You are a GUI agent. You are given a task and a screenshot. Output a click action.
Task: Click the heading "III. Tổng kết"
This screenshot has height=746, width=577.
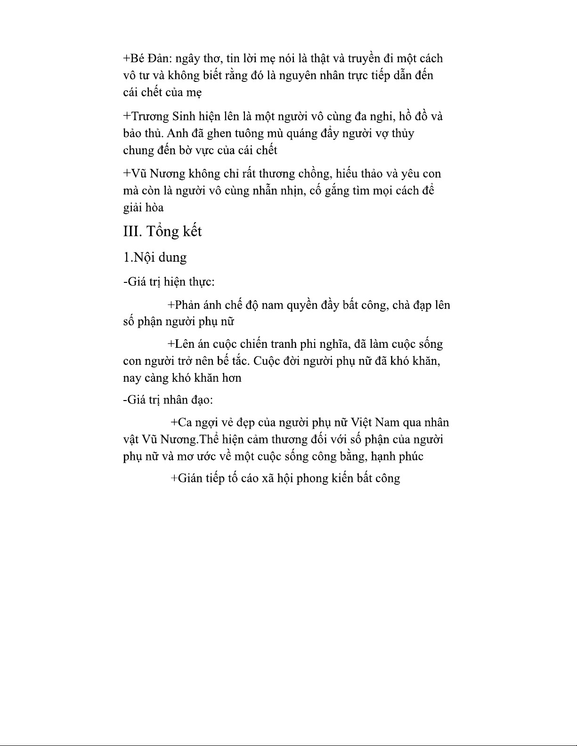coord(162,232)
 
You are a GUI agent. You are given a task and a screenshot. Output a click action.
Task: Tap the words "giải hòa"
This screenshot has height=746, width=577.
coord(143,208)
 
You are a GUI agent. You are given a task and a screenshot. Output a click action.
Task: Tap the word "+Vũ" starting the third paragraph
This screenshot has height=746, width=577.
coord(134,174)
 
